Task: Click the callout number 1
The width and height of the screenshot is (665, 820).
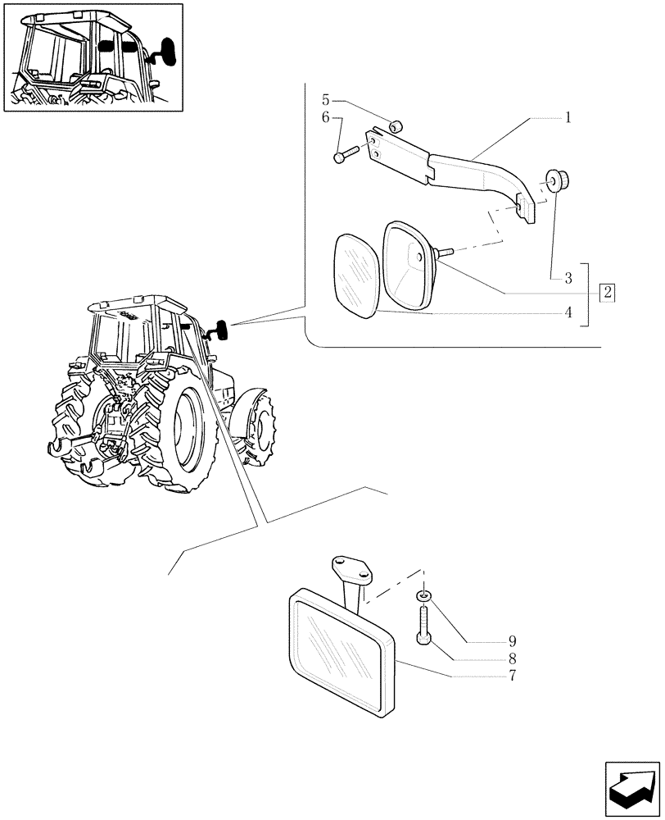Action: pos(566,117)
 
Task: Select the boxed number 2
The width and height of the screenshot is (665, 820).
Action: pos(607,291)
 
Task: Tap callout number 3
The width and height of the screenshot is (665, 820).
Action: pos(566,279)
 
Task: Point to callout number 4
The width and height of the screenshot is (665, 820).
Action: pos(566,312)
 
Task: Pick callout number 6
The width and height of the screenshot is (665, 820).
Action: pos(325,119)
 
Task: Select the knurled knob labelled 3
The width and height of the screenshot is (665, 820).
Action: pos(559,180)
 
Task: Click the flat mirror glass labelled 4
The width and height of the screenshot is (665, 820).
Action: pos(355,274)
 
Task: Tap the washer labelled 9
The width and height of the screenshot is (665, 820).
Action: pos(423,594)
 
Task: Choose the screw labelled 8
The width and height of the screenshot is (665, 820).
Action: pos(423,625)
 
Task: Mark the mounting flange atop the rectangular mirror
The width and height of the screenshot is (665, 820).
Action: pos(349,568)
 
